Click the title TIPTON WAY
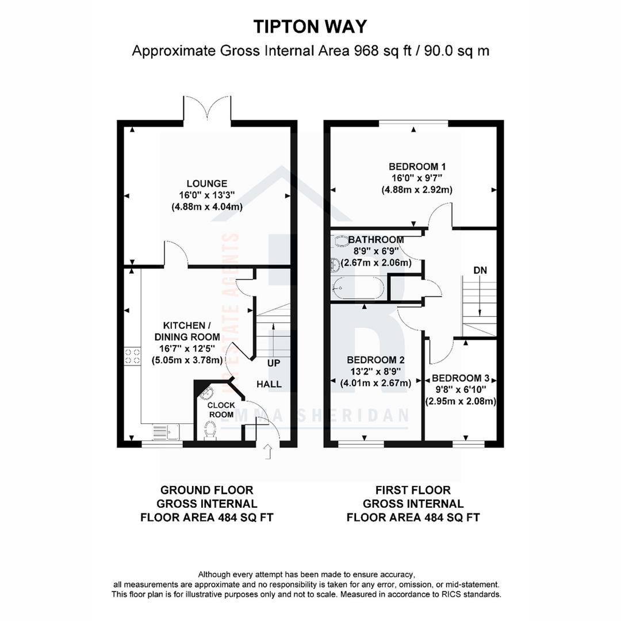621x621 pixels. click(310, 26)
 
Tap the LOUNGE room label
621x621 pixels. click(207, 183)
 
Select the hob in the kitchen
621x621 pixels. click(132, 356)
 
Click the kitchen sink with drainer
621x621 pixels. click(166, 432)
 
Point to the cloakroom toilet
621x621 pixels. click(210, 431)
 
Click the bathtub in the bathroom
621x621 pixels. click(358, 288)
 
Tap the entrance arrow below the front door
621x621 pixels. click(268, 451)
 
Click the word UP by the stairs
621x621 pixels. click(274, 363)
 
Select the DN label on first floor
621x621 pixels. click(480, 270)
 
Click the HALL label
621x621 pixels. click(269, 384)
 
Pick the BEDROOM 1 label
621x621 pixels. click(417, 166)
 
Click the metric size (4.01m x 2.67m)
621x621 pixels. click(375, 383)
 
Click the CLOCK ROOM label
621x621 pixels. click(221, 409)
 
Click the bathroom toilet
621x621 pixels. click(340, 241)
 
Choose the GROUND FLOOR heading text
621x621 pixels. click(207, 490)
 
